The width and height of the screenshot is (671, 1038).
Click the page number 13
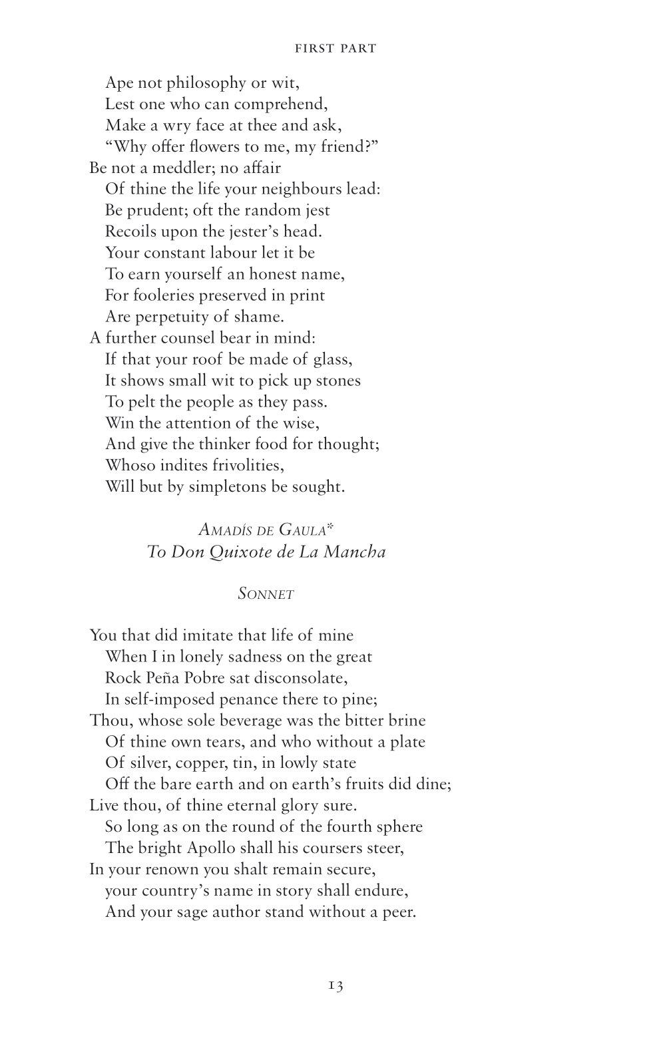point(335,985)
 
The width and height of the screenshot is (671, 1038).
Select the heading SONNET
point(266,594)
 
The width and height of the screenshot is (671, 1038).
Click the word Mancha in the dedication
point(353,552)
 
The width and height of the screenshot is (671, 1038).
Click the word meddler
point(184,168)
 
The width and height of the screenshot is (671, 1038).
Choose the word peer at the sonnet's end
point(400,912)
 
